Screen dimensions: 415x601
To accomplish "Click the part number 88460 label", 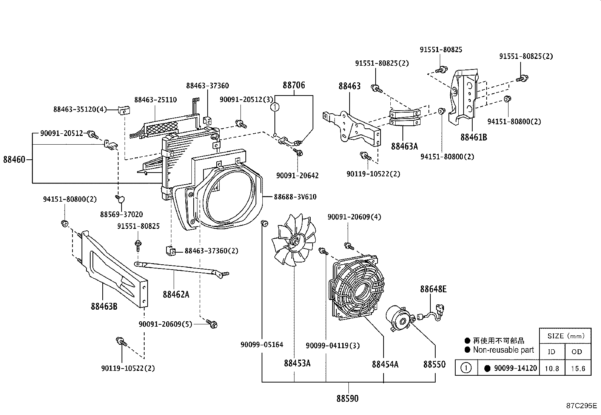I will tap(14, 159).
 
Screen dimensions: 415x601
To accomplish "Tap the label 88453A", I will tap(297, 363).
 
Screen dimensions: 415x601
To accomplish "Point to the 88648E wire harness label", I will tap(433, 289).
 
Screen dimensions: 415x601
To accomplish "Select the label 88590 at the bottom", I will tap(347, 398).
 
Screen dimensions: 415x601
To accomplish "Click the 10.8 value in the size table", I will tap(552, 369).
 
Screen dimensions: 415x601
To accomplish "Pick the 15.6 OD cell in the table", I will tap(578, 369).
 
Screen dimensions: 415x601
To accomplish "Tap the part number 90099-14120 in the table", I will tap(515, 368).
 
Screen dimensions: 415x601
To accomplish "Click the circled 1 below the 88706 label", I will tap(275, 107).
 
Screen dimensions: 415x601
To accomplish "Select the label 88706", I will tap(294, 85).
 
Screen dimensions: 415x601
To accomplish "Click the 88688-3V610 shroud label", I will tap(295, 197).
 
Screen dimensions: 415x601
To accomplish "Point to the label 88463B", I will tap(104, 306).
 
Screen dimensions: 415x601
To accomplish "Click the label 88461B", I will tap(473, 137).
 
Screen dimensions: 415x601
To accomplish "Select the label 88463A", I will tap(404, 146).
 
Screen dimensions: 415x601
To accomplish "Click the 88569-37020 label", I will tap(121, 214).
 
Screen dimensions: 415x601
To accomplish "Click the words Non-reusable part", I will tap(503, 350).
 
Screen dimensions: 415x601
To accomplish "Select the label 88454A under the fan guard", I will tap(385, 364).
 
